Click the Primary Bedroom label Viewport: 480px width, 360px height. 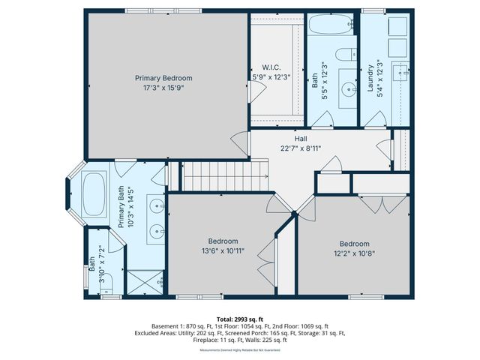pos(163,78)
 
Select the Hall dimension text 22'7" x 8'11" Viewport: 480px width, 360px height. pos(300,148)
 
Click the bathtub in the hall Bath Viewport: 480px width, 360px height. pos(331,25)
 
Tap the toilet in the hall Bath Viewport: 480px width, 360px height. pos(346,55)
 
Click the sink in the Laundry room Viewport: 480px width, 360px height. pos(402,73)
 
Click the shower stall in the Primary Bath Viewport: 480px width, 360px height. pos(144,279)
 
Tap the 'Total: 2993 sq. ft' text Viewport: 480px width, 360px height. pos(240,319)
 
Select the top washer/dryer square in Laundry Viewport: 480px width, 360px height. pos(397,26)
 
